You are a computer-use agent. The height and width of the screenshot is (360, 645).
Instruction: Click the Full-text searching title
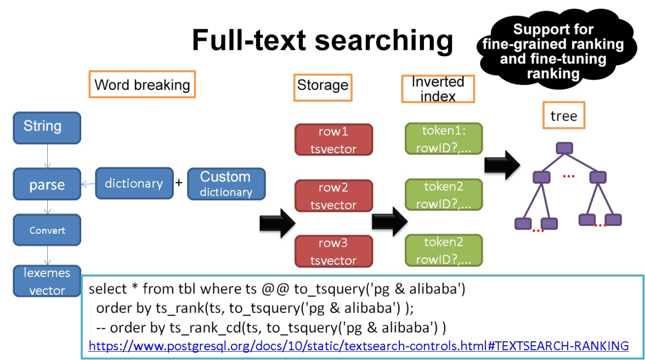pos(322,41)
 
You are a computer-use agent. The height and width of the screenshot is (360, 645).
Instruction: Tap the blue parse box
pos(47,185)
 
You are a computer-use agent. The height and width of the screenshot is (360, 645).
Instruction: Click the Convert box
pos(47,230)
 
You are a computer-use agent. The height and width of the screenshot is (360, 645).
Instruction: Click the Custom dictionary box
pos(226,183)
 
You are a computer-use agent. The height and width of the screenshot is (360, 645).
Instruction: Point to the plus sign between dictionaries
pos(179,183)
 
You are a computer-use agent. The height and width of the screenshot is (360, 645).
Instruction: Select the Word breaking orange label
pos(142,85)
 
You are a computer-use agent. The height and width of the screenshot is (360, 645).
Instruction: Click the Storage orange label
pos(322,85)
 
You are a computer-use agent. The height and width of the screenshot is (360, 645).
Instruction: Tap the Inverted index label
pos(438,89)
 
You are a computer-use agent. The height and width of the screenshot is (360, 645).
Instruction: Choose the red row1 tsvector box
pos(333,139)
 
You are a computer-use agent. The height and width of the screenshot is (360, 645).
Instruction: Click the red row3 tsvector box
pos(333,251)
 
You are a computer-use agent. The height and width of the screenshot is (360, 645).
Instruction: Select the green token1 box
pos(444,138)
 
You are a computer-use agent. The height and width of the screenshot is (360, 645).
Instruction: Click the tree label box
pos(564,115)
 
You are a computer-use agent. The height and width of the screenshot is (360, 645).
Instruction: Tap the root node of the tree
pos(564,148)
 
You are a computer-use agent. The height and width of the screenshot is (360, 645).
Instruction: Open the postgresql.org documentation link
pos(358,346)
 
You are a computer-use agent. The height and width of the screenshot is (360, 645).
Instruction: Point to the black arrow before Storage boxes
pos(277,222)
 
